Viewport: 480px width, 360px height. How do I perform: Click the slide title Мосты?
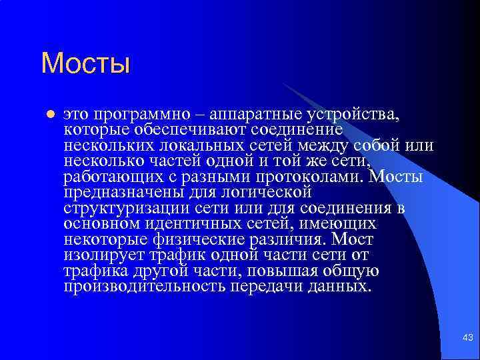(x=85, y=64)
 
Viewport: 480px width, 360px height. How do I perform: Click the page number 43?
(x=467, y=339)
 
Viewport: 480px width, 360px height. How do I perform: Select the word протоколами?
(x=311, y=177)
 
